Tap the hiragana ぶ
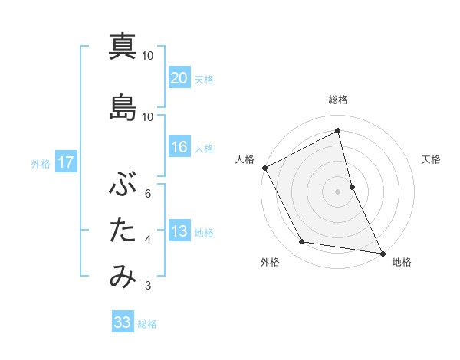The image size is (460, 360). (123, 184)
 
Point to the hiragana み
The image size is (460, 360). (123, 277)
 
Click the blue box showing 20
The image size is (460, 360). (179, 78)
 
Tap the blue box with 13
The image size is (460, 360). (179, 231)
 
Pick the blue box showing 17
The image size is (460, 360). (65, 162)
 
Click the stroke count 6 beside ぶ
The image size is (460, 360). (148, 193)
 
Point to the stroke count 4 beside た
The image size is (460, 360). (148, 240)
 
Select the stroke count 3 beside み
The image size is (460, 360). (148, 286)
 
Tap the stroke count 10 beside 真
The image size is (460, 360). (148, 55)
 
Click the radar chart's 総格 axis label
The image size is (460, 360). (338, 100)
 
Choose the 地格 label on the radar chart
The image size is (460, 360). (402, 262)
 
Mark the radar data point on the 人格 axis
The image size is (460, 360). (264, 168)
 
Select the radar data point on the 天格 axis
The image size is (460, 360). (352, 187)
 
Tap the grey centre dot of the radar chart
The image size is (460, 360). (338, 191)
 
